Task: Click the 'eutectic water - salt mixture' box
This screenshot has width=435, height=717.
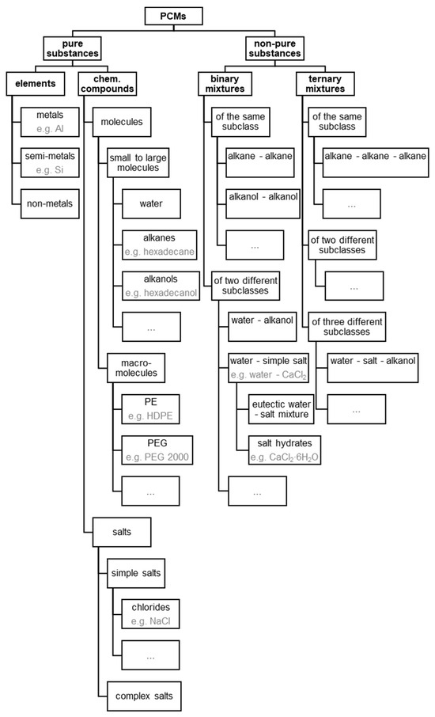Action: tap(278, 408)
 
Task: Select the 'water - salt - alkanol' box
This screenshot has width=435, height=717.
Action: tap(372, 366)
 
